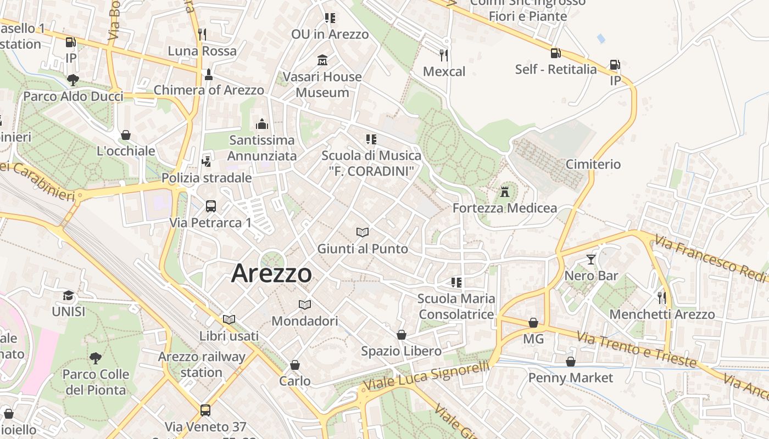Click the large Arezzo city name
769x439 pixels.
coord(271,273)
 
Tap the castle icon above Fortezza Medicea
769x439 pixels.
coord(505,192)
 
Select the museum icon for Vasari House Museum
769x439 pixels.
coord(322,60)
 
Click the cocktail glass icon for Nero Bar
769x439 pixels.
coord(591,260)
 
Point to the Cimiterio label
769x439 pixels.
coord(593,164)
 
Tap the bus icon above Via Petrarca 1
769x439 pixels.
coord(211,206)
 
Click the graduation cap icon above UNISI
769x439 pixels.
coord(68,295)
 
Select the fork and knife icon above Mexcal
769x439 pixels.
coord(444,55)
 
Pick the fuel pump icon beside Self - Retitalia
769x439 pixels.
coord(556,53)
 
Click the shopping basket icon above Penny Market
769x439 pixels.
coord(571,362)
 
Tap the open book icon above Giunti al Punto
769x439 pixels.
coord(363,232)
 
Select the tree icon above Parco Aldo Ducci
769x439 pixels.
coord(73,80)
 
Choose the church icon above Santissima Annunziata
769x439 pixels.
coord(262,124)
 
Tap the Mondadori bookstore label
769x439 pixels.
coord(305,320)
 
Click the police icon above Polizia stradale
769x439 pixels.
coord(207,161)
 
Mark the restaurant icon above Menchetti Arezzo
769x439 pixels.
coord(662,298)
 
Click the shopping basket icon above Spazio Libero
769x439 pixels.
coord(402,335)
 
